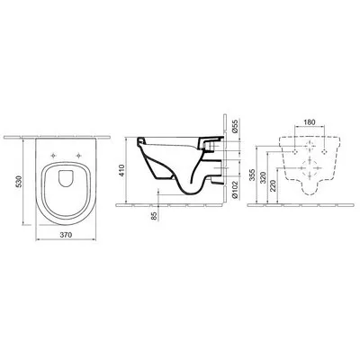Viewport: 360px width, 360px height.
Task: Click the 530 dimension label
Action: [19, 182]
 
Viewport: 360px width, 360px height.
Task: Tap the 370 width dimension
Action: [66, 235]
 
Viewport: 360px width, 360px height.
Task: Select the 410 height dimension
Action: [122, 170]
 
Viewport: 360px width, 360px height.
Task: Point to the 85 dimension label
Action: [154, 216]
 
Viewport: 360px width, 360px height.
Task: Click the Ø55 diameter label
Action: [235, 126]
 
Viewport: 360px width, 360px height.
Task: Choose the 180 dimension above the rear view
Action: [310, 122]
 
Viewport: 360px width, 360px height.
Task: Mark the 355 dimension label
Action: [253, 175]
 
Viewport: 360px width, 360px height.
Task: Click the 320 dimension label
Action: [263, 177]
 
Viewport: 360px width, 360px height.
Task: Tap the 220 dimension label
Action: [273, 186]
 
